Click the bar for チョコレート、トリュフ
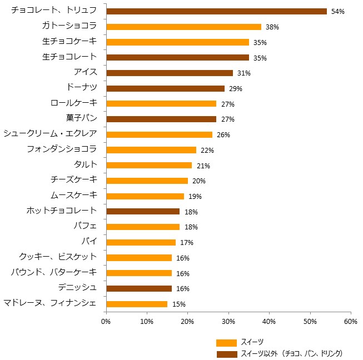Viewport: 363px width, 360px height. pos(216,11)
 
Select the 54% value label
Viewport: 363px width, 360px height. pos(338,12)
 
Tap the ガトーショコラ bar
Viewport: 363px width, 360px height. pos(183,27)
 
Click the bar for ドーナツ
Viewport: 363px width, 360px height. pos(165,88)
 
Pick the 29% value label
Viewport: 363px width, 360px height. pos(236,89)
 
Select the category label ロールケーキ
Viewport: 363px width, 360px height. pos(73,103)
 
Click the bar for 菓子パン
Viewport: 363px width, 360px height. pos(161,119)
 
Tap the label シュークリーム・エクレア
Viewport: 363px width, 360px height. pos(50,133)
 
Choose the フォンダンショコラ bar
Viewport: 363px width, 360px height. pos(151,150)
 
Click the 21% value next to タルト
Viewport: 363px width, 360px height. pos(203,166)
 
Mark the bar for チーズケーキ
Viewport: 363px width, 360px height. pos(147,181)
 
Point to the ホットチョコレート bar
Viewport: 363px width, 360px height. pos(142,211)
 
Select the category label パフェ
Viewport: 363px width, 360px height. pos(85,226)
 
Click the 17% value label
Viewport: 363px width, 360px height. pos(186,242)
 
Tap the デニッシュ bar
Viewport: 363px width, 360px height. pos(138,288)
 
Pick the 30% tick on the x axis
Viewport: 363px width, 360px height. pos(228,321)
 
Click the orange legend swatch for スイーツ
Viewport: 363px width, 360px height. pos(226,342)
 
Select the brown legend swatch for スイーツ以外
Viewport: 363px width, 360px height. pos(226,354)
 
